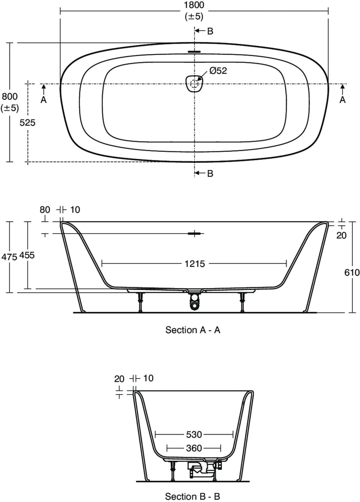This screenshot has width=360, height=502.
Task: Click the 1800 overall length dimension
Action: coord(194,5)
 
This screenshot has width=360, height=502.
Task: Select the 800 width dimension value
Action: coord(10,97)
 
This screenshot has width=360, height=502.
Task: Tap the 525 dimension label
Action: coord(27,122)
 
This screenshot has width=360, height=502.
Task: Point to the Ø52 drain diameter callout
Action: coord(218,71)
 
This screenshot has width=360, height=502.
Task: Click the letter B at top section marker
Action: coord(210,31)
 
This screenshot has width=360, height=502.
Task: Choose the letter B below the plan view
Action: coord(210,173)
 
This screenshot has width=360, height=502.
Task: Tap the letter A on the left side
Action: coord(43,100)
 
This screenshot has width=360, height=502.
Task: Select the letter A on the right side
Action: coord(342,100)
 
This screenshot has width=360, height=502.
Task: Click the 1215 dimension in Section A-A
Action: coord(194,264)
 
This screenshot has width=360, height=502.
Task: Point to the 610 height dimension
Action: coord(352,272)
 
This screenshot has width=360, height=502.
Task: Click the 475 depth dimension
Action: coord(9,257)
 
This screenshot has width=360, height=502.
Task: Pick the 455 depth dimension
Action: coord(27,255)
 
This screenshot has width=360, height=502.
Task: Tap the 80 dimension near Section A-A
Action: coord(45,210)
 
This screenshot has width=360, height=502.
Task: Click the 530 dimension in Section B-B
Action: coord(194,434)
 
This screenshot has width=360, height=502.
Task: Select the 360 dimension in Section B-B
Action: coord(194,448)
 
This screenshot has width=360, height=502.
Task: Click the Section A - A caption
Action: coord(193,330)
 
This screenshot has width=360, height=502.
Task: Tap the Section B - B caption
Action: coord(193,497)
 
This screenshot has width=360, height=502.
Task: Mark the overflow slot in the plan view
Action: coord(194,52)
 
